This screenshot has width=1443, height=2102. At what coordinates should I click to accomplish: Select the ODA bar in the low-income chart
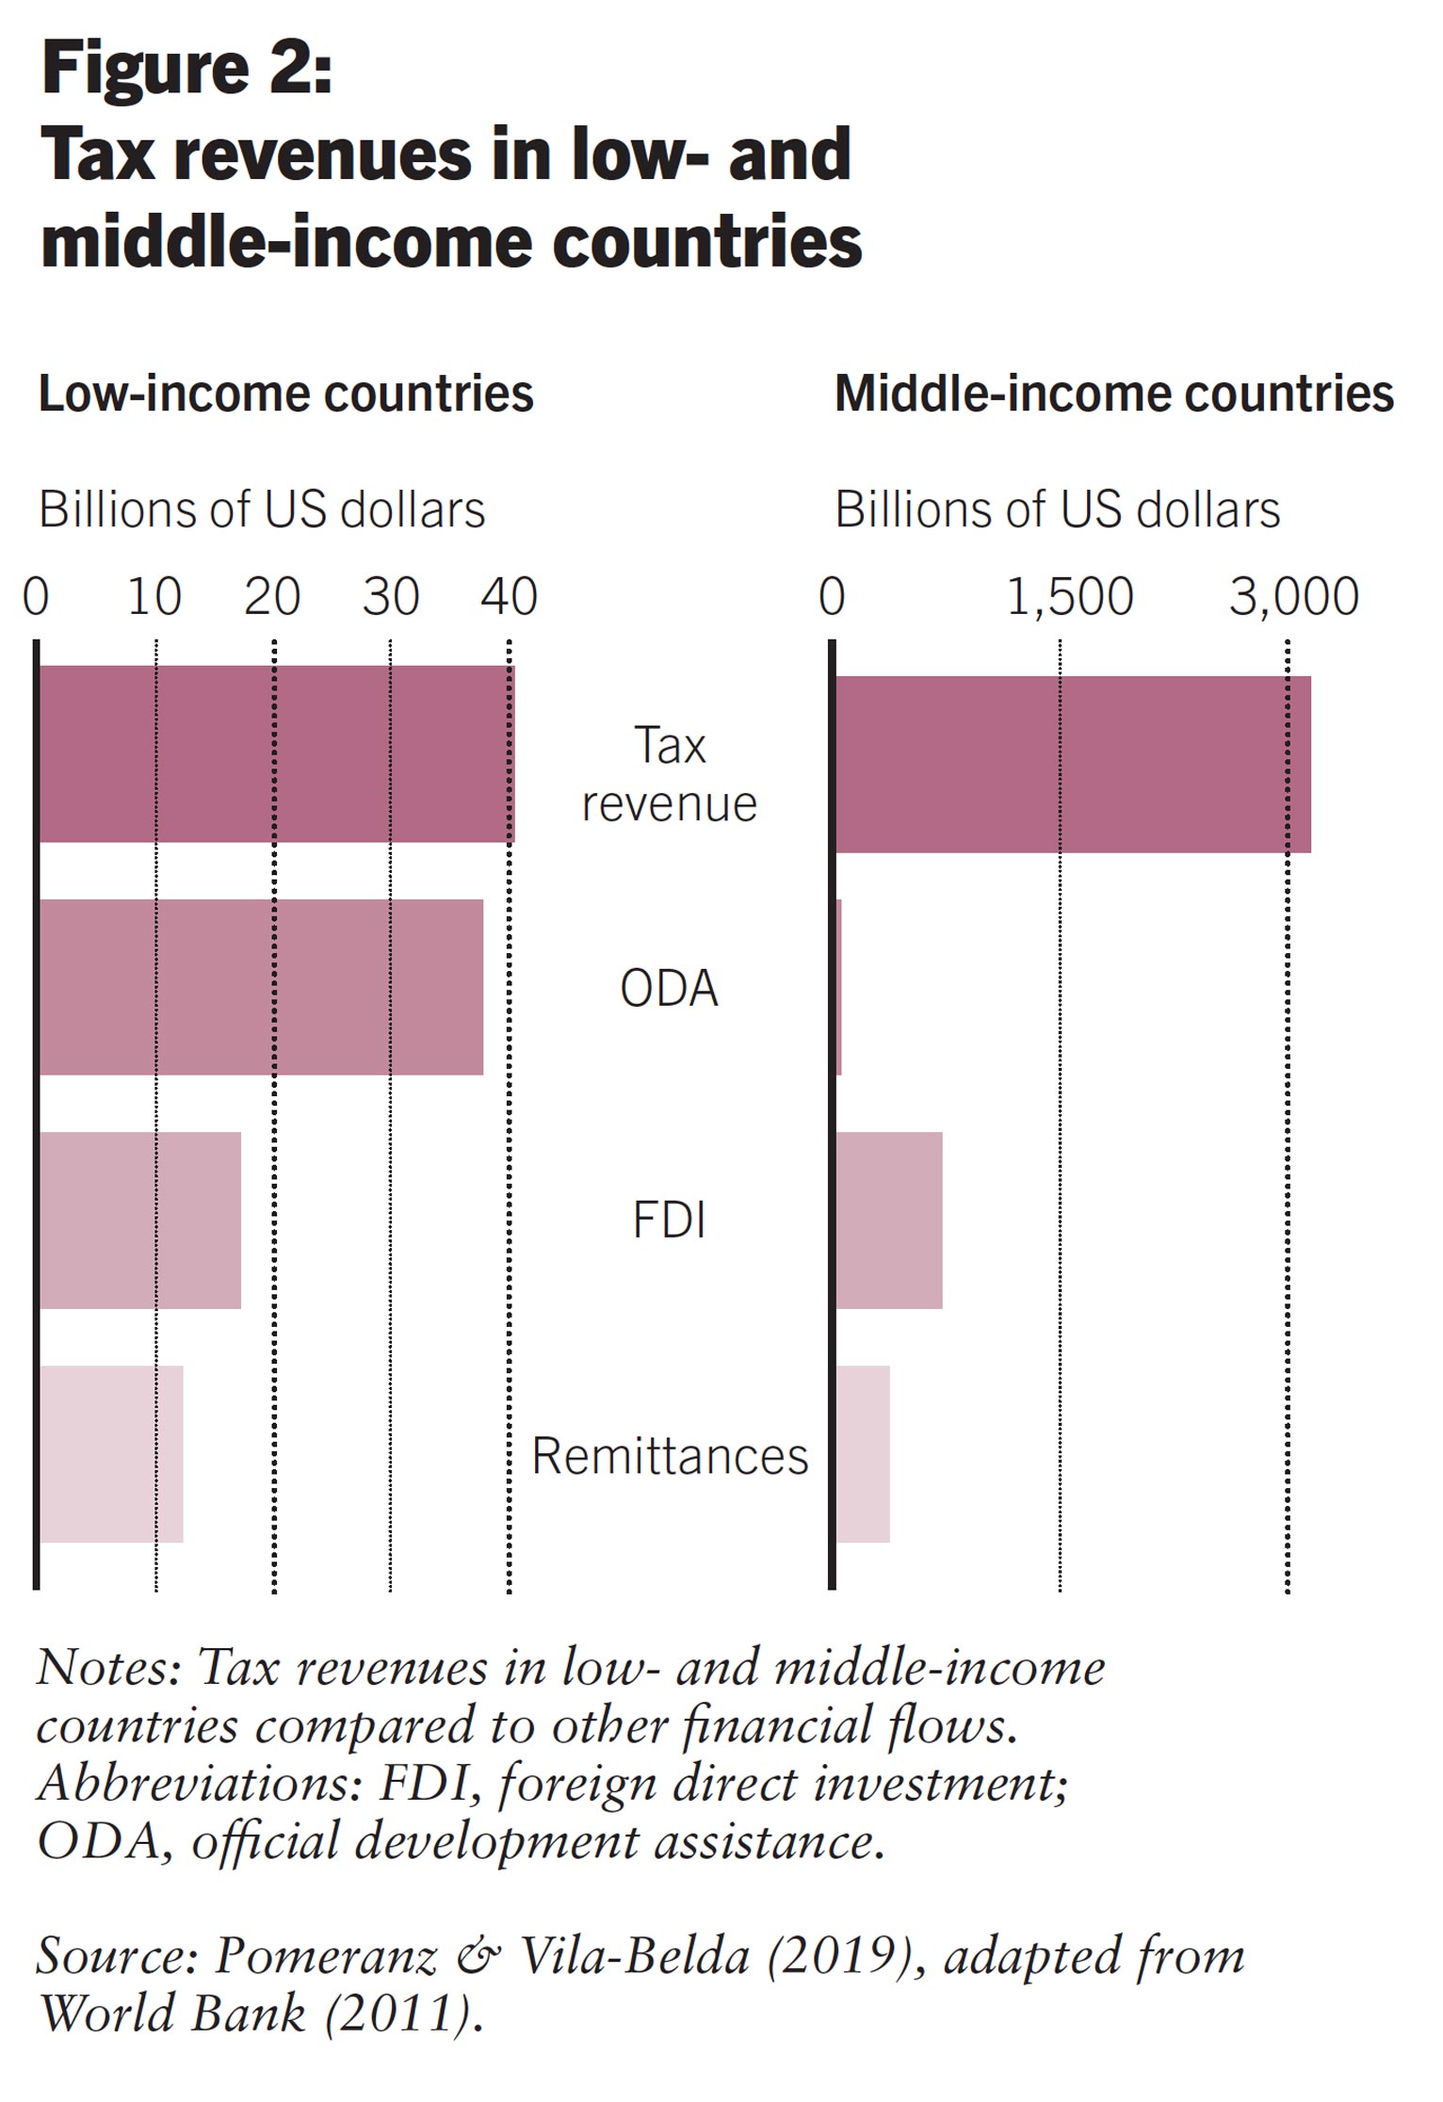[260, 987]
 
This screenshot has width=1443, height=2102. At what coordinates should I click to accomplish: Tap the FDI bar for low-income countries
[139, 1220]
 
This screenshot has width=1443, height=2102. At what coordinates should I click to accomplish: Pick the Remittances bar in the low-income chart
[110, 1453]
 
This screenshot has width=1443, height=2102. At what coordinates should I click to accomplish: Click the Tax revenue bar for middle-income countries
[1072, 764]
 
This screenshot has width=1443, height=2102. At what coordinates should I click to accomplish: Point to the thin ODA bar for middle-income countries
[838, 987]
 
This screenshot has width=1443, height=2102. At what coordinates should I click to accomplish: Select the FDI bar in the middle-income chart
[888, 1220]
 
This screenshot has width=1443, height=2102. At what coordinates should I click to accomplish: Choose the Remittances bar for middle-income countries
[863, 1453]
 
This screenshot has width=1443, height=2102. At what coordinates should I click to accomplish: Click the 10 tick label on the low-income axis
[154, 597]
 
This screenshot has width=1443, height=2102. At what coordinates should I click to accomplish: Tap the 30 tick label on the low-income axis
[391, 597]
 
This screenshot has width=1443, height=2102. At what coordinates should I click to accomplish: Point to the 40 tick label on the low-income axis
[510, 597]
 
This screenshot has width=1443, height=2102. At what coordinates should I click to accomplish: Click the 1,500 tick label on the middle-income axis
[1070, 597]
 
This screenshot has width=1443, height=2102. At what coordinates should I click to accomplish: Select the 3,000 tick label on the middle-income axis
[1293, 597]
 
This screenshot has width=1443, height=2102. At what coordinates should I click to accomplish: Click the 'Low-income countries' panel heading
[285, 394]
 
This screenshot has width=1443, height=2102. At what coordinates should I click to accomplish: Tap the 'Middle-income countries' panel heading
[1113, 394]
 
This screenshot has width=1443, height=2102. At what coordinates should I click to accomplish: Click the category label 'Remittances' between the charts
[670, 1456]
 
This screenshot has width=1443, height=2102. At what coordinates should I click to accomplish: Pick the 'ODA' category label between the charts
[669, 989]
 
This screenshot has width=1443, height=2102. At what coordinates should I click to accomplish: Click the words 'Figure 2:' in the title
[186, 70]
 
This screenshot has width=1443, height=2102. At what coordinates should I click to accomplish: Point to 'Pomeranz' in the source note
[326, 1956]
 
